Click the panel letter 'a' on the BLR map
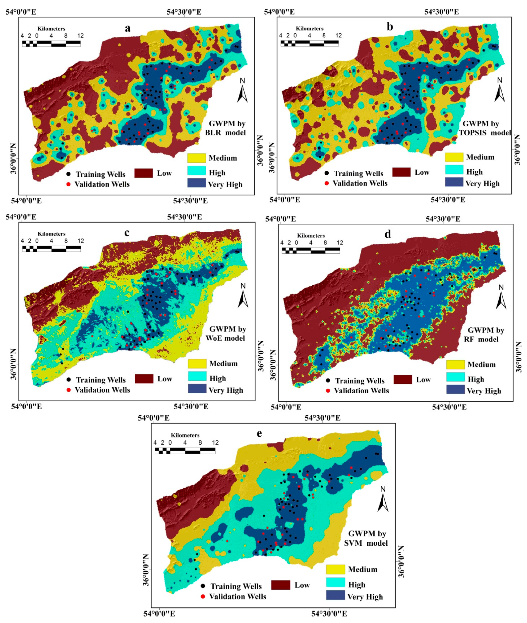(127, 28)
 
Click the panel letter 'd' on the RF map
(388, 234)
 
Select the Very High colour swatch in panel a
(197, 183)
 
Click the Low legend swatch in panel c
(144, 378)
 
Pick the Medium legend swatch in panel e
(335, 569)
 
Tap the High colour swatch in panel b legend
(454, 170)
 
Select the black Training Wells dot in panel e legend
(203, 586)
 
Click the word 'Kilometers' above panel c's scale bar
(51, 234)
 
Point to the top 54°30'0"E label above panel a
(184, 12)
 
